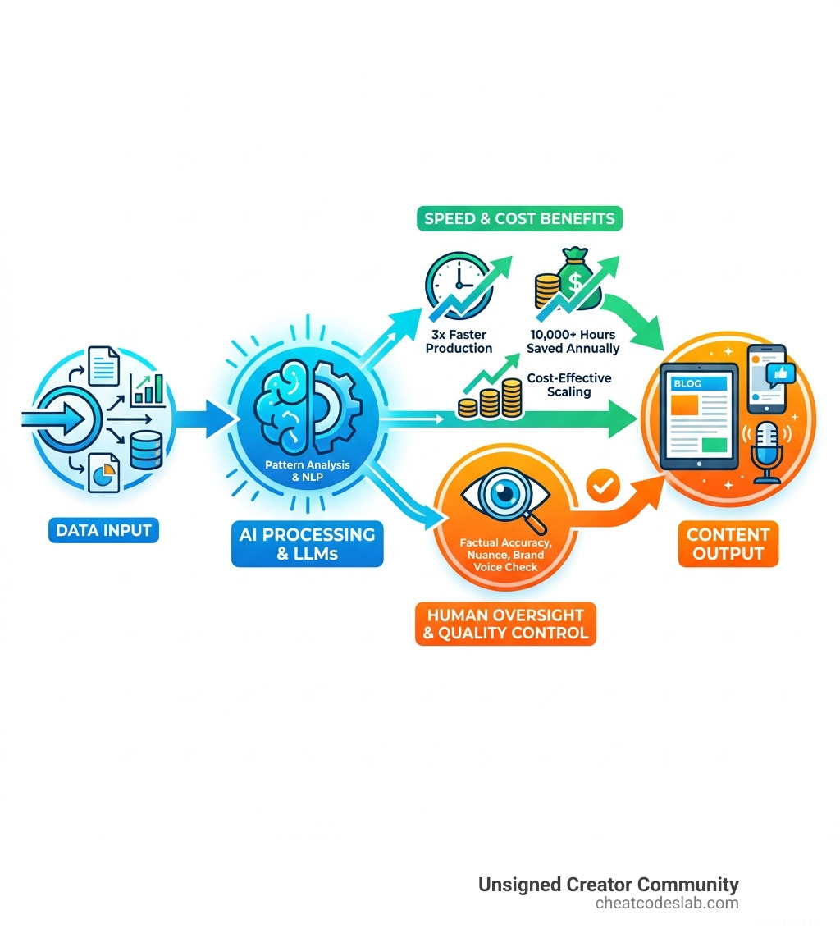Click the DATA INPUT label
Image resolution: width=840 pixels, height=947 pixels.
[103, 530]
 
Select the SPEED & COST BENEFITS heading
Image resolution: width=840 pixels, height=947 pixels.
[518, 219]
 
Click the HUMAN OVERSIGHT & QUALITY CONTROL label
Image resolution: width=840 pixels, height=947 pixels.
[506, 624]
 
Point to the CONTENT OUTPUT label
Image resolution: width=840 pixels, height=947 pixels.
[728, 544]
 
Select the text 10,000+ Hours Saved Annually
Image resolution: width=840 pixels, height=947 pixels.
[573, 341]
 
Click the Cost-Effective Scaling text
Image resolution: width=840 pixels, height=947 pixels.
[568, 386]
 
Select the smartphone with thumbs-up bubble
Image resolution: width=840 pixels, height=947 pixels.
[767, 378]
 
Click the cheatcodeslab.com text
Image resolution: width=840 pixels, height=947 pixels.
[667, 904]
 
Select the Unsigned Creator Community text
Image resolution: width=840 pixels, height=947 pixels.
[608, 885]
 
